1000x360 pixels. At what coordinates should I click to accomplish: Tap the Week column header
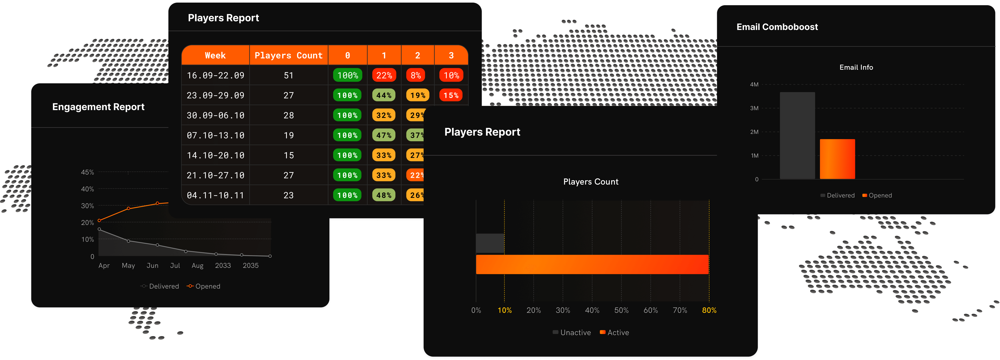[215, 56]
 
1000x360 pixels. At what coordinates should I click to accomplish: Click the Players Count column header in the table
[288, 56]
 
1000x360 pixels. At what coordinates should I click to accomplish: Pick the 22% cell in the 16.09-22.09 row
[384, 75]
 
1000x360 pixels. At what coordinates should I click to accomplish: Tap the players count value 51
[288, 75]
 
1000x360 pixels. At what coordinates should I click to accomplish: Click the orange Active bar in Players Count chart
[592, 265]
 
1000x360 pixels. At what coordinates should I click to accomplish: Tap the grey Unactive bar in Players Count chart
[490, 243]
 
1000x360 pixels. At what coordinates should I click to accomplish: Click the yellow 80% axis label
[709, 310]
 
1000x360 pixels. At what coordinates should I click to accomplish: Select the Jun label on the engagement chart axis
[153, 266]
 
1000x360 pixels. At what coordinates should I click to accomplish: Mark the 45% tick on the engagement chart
[87, 172]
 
